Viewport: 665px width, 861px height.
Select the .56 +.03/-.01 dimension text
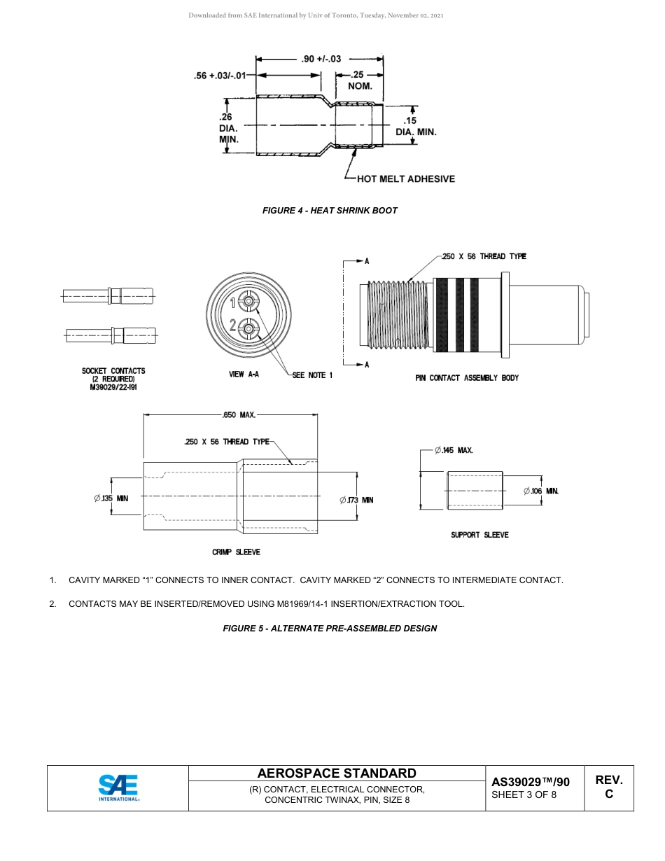pyautogui.click(x=220, y=76)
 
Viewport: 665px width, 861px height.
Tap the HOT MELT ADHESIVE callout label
pyautogui.click(x=405, y=179)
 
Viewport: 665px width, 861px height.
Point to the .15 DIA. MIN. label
pyautogui.click(x=416, y=127)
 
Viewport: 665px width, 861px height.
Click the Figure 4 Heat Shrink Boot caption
pyautogui.click(x=330, y=211)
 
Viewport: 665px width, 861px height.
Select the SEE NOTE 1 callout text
pyautogui.click(x=312, y=376)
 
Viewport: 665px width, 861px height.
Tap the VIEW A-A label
pyautogui.click(x=244, y=375)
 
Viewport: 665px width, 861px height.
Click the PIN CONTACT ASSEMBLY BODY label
pyautogui.click(x=467, y=378)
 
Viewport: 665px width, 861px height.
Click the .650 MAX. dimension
pyautogui.click(x=238, y=415)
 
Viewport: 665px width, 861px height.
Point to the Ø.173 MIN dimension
pyautogui.click(x=356, y=500)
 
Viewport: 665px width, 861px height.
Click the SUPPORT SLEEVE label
pyautogui.click(x=479, y=535)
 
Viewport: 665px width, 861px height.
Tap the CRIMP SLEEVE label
pyautogui.click(x=236, y=552)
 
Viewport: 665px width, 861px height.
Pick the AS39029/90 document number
pyautogui.click(x=530, y=782)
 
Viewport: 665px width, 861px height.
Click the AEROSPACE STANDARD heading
pyautogui.click(x=337, y=773)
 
